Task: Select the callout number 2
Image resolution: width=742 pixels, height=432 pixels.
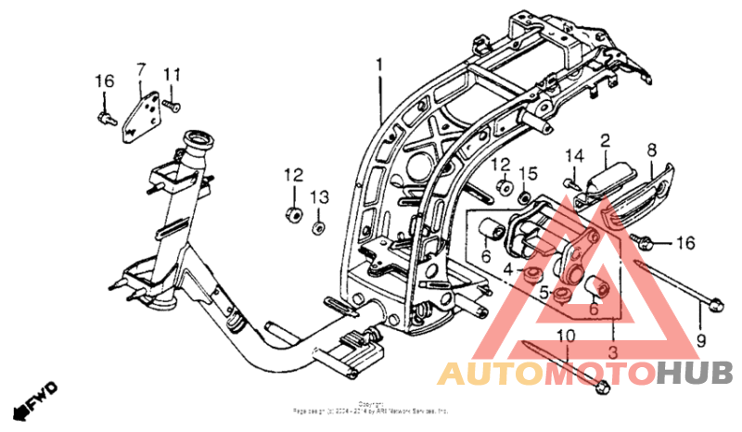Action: (605, 142)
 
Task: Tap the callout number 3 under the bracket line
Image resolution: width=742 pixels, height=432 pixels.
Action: (612, 352)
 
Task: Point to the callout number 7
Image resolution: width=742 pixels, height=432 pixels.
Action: (142, 70)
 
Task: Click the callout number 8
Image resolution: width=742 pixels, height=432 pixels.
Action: (651, 149)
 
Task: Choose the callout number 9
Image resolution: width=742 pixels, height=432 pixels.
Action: (701, 340)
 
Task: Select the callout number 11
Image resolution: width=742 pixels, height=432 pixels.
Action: (172, 73)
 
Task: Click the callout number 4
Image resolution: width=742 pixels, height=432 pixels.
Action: (508, 269)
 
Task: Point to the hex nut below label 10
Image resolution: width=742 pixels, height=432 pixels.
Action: (600, 385)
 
